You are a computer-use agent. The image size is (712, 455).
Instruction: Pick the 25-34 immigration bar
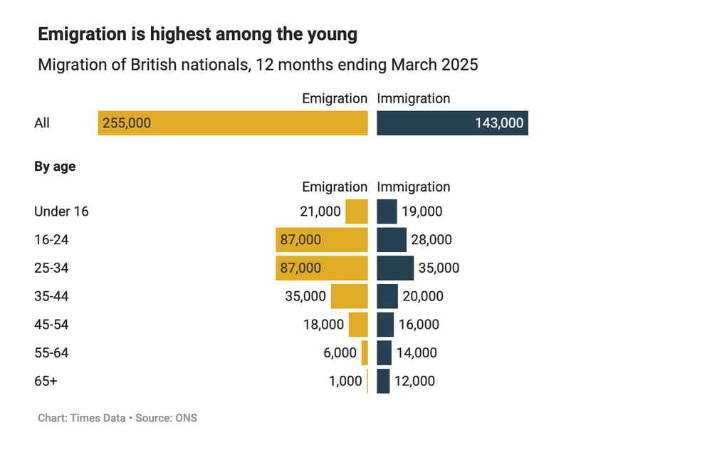(x=395, y=268)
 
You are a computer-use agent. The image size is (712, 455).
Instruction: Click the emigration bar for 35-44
(x=350, y=296)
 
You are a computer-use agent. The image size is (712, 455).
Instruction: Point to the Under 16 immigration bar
(x=387, y=211)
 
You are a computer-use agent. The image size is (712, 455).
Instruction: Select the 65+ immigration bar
(x=383, y=381)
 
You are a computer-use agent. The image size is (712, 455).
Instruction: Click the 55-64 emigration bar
(x=365, y=352)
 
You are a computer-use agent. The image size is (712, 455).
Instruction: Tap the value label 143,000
(x=499, y=123)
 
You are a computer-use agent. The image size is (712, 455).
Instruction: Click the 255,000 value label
(x=127, y=123)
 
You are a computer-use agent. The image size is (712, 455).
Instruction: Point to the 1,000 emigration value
(x=345, y=381)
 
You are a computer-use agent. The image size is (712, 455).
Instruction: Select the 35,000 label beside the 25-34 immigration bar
(x=439, y=268)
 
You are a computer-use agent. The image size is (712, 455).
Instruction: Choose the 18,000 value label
(x=323, y=325)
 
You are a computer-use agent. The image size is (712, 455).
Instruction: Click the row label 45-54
(x=51, y=325)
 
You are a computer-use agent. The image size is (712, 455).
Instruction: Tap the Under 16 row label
(x=61, y=211)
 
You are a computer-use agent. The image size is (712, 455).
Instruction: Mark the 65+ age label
(x=46, y=381)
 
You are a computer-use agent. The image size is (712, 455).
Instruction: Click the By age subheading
(x=55, y=167)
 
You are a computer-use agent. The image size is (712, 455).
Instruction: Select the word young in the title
(x=330, y=33)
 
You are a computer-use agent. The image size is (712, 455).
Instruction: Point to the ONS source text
(x=187, y=418)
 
